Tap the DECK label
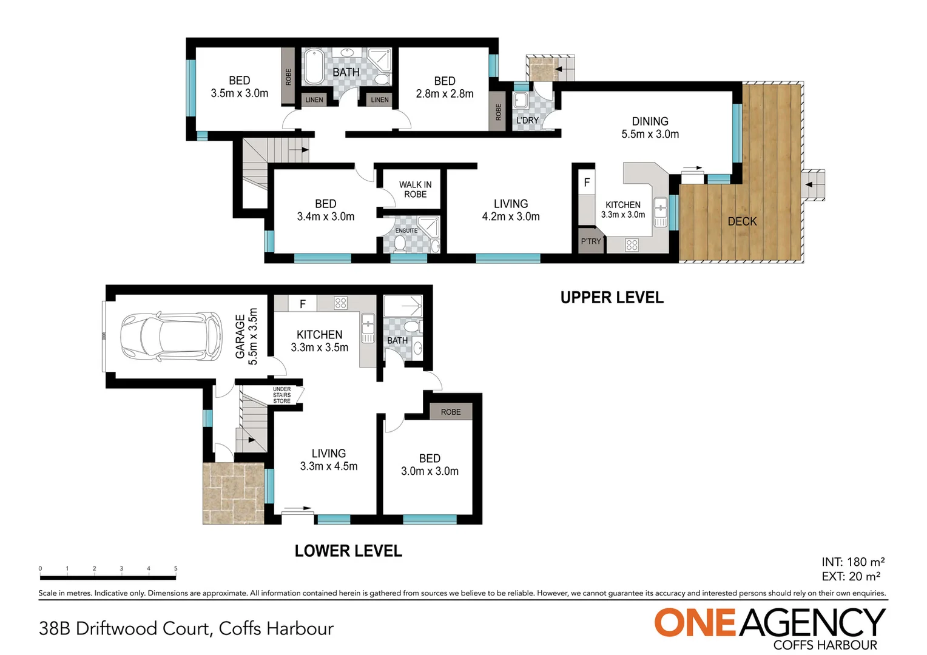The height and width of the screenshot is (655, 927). pos(742,221)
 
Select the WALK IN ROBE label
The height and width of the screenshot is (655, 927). pos(415,189)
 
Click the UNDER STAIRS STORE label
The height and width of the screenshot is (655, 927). pos(282,395)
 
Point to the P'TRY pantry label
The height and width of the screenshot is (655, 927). pos(590,241)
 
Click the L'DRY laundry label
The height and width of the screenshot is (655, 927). pos(527,121)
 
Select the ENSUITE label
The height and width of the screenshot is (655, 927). pos(406,230)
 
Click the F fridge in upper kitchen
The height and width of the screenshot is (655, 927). pos(587,182)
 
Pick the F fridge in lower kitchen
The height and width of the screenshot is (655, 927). pos(303,304)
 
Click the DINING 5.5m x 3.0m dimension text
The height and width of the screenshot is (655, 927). pos(650,128)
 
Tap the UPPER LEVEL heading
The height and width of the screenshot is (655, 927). pos(612,298)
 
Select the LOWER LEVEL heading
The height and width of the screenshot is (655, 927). pos(348,551)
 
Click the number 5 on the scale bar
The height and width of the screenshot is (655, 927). pos(175,568)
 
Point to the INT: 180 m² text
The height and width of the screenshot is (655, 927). pos(853,562)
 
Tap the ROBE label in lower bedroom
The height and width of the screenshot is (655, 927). pos(451,412)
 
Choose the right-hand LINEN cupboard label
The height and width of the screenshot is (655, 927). pos(380,99)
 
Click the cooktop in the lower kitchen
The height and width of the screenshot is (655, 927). pos(340,303)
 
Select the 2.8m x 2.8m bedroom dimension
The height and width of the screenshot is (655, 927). pos(445,94)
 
